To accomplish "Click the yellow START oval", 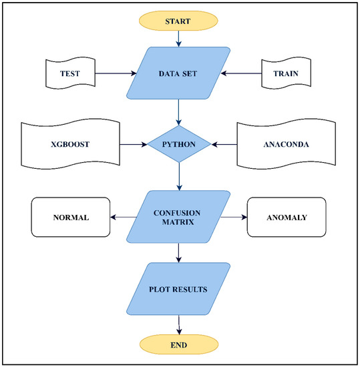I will [x=179, y=21].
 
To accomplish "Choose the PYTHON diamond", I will [x=179, y=143].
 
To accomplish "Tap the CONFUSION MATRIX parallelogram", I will [x=179, y=216].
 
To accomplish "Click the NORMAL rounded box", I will [x=70, y=216].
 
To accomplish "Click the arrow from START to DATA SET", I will [x=179, y=38].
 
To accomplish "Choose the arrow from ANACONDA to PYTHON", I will [x=224, y=143].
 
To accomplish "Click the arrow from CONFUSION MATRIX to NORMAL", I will [x=124, y=216].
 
